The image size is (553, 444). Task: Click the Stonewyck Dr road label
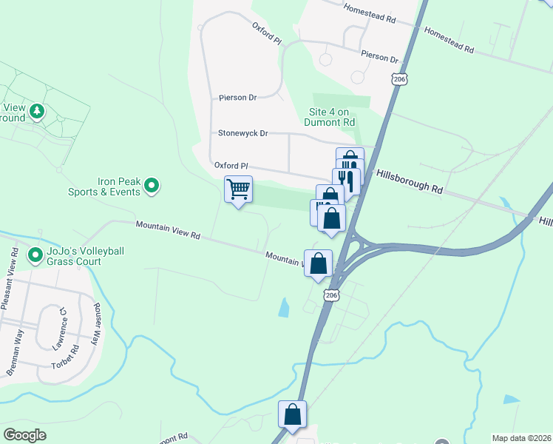coord(242,134)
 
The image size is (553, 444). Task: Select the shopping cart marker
coord(238,189)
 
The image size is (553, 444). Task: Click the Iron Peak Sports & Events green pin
coord(152,185)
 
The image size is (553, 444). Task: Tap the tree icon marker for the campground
coord(36,112)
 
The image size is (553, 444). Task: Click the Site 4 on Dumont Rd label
coord(330,117)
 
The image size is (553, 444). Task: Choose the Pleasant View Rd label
coord(10,280)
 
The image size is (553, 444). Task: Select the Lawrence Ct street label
coord(59,327)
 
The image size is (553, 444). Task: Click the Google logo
coord(25,435)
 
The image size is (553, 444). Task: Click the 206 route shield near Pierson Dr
coord(399,79)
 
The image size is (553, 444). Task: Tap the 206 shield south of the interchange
coord(331,295)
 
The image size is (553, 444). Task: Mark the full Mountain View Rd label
coord(168,230)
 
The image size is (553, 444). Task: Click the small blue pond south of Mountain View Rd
coord(284,307)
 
